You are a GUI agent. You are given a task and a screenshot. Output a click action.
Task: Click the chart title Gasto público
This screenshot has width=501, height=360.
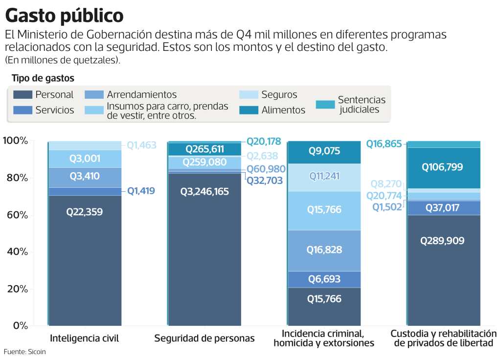pyautogui.click(x=64, y=16)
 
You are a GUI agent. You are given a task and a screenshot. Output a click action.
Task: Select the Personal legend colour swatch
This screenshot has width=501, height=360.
pyautogui.click(x=23, y=94)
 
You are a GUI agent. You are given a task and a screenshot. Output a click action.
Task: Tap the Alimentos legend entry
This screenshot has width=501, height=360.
pyautogui.click(x=283, y=110)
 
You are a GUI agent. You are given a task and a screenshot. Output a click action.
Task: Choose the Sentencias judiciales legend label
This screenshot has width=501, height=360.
pyautogui.click(x=362, y=105)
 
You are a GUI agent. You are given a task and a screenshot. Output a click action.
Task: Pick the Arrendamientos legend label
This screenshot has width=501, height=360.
pyautogui.click(x=142, y=94)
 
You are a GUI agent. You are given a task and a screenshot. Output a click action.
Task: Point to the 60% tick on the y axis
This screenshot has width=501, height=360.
pyautogui.click(x=17, y=215)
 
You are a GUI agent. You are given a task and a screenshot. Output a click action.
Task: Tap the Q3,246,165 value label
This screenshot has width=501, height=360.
pyautogui.click(x=205, y=191)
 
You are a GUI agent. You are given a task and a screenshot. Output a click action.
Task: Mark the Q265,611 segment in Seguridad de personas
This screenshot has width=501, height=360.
pyautogui.click(x=205, y=149)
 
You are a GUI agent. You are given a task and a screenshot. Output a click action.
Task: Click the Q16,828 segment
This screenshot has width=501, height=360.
pyautogui.click(x=324, y=250)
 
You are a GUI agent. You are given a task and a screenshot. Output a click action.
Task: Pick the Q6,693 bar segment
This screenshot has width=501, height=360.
pyautogui.click(x=324, y=279)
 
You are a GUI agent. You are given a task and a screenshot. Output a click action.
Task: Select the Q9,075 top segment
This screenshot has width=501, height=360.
pyautogui.click(x=324, y=152)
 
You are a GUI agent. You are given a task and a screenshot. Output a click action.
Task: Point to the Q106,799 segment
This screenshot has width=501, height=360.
pyautogui.click(x=444, y=167)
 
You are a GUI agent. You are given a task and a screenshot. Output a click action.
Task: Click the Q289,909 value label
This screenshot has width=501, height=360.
pyautogui.click(x=444, y=241)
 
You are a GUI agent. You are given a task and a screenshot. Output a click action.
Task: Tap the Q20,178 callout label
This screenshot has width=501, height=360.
pyautogui.click(x=264, y=141)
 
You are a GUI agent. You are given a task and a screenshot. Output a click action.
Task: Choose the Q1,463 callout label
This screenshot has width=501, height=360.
pyautogui.click(x=141, y=145)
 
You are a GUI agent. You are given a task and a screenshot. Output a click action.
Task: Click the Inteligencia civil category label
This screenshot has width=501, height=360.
pyautogui.click(x=85, y=338)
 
